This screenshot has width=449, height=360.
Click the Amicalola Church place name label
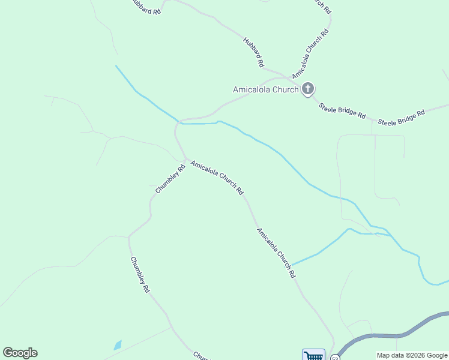[265, 90]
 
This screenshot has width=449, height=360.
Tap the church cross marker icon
[308, 89]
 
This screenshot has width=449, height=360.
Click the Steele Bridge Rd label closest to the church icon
[342, 110]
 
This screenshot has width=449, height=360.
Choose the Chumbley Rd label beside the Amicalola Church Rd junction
[170, 179]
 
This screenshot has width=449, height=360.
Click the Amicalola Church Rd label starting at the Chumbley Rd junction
[217, 177]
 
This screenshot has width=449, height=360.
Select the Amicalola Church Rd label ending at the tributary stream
[276, 253]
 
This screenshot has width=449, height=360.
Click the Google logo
[20, 353]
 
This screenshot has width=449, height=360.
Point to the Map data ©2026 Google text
[412, 355]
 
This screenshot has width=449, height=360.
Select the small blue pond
[118, 345]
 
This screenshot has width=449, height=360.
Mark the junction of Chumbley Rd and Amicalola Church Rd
[185, 159]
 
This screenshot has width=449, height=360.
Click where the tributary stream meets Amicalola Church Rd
[292, 265]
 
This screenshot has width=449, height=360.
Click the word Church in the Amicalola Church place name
[285, 90]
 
